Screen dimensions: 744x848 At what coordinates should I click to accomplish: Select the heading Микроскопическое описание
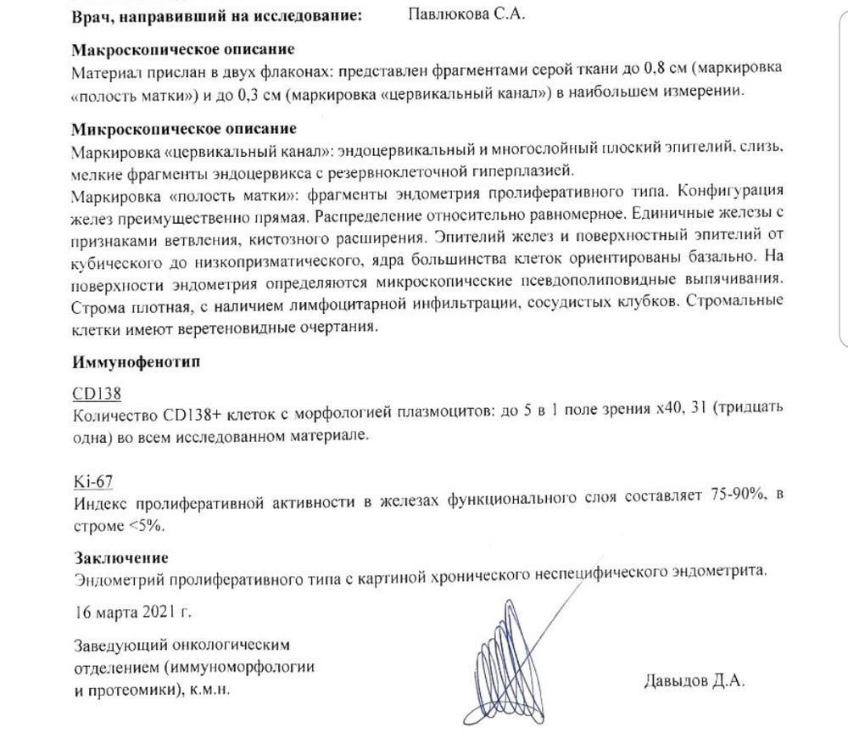[x=184, y=129]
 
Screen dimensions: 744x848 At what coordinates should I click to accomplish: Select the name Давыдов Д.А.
[x=696, y=680]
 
